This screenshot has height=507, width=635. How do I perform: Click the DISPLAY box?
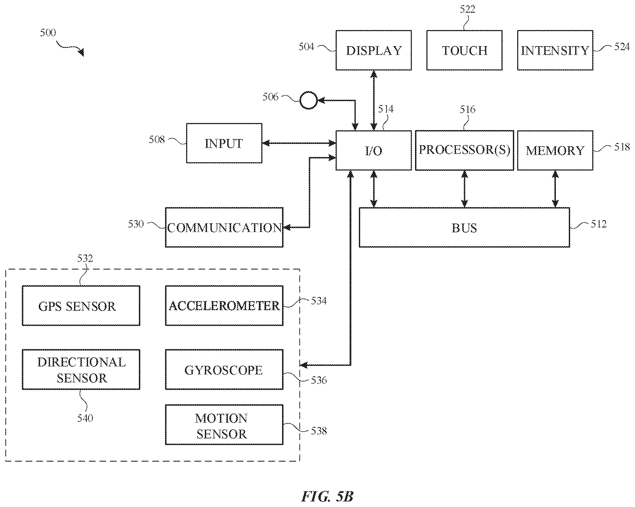(373, 50)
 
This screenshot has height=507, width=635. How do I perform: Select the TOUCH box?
(464, 50)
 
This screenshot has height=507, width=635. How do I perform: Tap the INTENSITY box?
(555, 50)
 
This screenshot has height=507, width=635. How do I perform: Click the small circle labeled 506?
(308, 100)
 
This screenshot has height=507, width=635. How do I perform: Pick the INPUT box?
(224, 143)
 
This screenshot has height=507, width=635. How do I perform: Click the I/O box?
(373, 150)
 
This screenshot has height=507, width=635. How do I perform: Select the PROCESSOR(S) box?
(464, 150)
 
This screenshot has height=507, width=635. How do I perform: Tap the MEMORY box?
(555, 150)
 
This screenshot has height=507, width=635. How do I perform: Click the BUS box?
(464, 227)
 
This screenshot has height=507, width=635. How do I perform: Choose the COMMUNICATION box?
(224, 227)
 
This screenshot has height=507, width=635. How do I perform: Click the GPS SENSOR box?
(81, 306)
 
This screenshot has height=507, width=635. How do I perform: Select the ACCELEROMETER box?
(224, 306)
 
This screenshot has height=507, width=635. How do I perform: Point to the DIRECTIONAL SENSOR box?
(81, 370)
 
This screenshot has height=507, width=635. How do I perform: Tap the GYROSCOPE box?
(224, 370)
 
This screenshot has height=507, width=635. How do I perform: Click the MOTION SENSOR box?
(224, 425)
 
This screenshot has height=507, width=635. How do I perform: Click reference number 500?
(48, 32)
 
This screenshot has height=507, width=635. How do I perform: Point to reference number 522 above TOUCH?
(467, 9)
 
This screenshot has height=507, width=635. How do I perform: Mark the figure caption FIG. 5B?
(327, 496)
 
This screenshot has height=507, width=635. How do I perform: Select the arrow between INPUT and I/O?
(299, 143)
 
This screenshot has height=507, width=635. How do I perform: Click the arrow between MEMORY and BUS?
(555, 189)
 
